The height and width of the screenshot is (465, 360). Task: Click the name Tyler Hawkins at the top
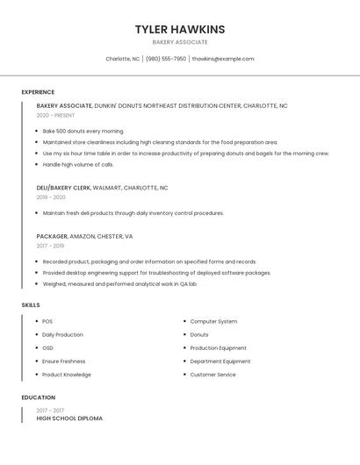point(180,29)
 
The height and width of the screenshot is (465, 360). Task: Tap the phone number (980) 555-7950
point(166,59)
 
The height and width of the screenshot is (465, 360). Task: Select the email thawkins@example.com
point(223,59)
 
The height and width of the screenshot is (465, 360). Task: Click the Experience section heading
point(38,92)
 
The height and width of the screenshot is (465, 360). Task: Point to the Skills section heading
point(31,304)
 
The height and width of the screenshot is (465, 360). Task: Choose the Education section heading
point(38,397)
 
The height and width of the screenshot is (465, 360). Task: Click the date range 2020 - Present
point(55,115)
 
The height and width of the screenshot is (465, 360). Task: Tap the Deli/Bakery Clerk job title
point(64,188)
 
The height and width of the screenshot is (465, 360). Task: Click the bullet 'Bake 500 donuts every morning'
point(83,131)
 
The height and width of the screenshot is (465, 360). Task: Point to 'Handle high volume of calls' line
point(78,164)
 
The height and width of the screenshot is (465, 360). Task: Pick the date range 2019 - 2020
point(51,197)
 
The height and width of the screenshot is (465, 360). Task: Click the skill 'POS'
point(47,321)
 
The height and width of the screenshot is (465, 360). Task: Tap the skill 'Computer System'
point(213,321)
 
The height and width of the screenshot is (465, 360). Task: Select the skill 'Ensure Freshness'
point(64,361)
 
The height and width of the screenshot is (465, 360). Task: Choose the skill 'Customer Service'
point(212,375)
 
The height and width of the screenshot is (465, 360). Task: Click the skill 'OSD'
point(47,348)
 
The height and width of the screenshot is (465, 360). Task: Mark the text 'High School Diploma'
point(69,418)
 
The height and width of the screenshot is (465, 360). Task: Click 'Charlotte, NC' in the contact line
point(123,59)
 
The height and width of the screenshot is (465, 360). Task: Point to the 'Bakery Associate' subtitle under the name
point(180,42)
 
